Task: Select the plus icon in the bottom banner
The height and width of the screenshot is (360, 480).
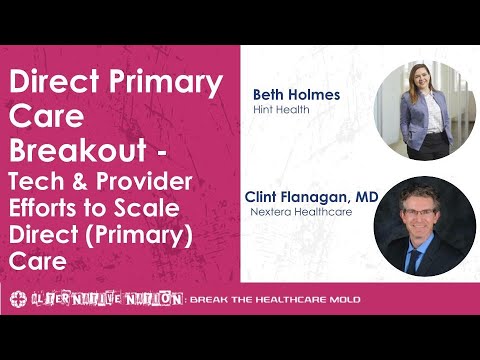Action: point(17,299)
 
